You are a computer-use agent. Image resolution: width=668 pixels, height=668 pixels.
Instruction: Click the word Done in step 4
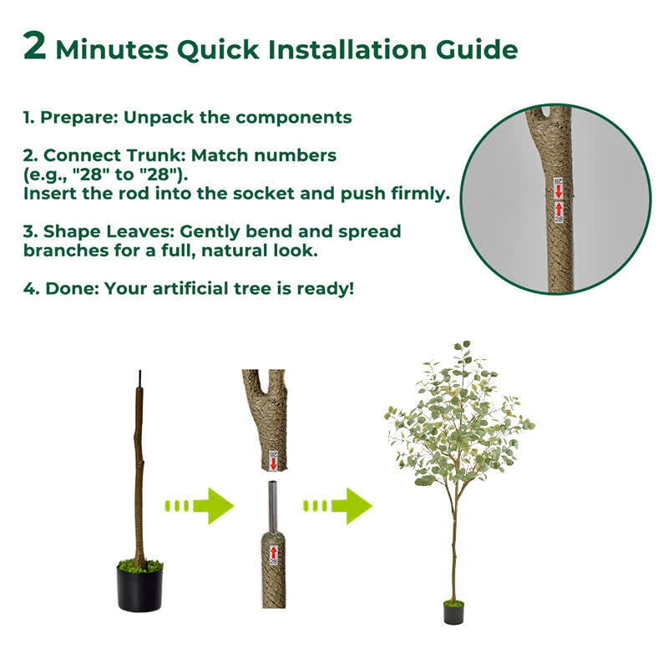point(64,289)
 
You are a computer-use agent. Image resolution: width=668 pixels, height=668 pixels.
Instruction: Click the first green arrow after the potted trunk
point(200,506)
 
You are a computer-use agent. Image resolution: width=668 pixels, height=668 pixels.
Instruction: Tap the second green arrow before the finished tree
point(338,506)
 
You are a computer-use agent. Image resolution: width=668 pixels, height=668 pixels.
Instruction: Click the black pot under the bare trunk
point(139,588)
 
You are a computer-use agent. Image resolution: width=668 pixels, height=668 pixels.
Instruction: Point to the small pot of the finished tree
point(453,614)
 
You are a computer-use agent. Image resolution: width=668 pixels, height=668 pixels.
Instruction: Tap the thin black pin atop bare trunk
point(140,379)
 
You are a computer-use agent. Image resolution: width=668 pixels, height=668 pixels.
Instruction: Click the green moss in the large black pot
point(139,565)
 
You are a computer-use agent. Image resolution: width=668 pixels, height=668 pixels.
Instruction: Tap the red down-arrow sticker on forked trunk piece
point(272,458)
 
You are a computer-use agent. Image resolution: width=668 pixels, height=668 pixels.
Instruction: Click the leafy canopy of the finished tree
point(459,417)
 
